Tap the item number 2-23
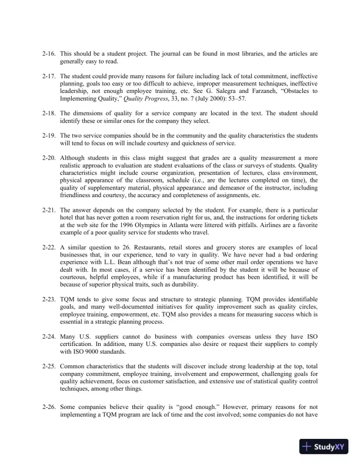(x=50, y=299)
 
